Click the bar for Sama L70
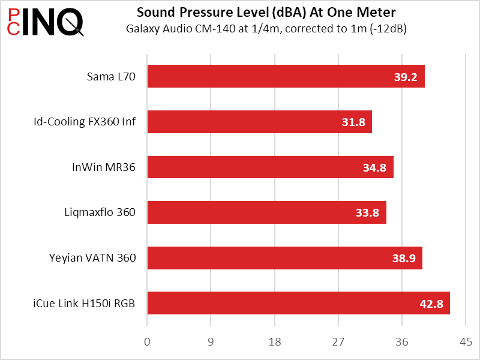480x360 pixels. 286,76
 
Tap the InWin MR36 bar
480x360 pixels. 270,167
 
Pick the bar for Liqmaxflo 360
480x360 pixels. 266,212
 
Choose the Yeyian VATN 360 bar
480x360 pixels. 284,258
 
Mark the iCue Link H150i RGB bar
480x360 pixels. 298,303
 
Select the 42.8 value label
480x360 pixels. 431,304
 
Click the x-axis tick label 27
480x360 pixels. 338,342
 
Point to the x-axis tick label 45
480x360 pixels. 466,342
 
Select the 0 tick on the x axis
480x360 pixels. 148,342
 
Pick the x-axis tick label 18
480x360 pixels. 275,342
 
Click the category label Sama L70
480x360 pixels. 111,77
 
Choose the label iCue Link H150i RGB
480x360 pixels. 84,304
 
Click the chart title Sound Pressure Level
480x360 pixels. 266,13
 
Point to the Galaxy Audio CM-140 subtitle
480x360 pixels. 266,28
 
